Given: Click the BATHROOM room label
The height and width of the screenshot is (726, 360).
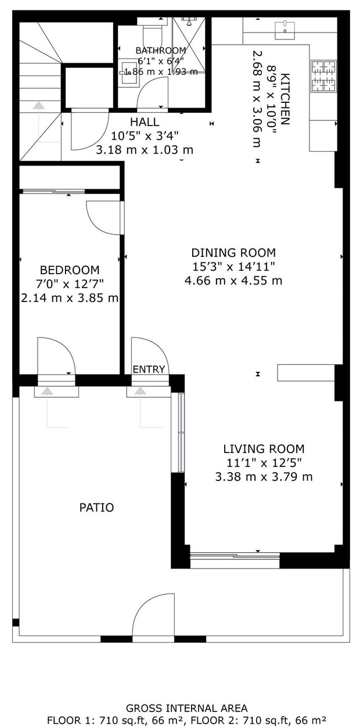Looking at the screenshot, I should [x=161, y=51].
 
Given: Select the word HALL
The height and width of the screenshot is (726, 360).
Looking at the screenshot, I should [x=145, y=122].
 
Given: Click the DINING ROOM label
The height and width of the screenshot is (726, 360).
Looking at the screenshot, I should [x=233, y=253].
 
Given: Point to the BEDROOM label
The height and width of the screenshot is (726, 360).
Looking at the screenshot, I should [x=69, y=270].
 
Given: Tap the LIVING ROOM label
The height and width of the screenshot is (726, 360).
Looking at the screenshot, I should [x=264, y=449].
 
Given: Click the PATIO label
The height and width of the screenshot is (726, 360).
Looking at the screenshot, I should [x=96, y=508].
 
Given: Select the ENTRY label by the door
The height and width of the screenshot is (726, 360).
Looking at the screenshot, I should [x=149, y=369].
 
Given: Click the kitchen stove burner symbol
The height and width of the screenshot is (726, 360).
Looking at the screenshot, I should [x=324, y=77].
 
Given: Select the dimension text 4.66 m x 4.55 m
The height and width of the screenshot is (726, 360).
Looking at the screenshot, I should [x=233, y=281].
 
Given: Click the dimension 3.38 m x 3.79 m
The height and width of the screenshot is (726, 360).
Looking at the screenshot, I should [x=264, y=477].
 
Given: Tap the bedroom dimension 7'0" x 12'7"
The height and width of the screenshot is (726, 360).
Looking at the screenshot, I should [x=69, y=284].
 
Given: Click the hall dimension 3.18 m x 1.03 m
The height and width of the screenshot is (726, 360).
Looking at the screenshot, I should [x=145, y=150].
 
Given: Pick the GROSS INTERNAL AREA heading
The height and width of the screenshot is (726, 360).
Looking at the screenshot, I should [x=186, y=708].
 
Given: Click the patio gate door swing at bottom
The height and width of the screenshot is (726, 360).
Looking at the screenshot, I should [x=154, y=616].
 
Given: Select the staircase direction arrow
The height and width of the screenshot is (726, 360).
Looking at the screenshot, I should [x=38, y=106].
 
